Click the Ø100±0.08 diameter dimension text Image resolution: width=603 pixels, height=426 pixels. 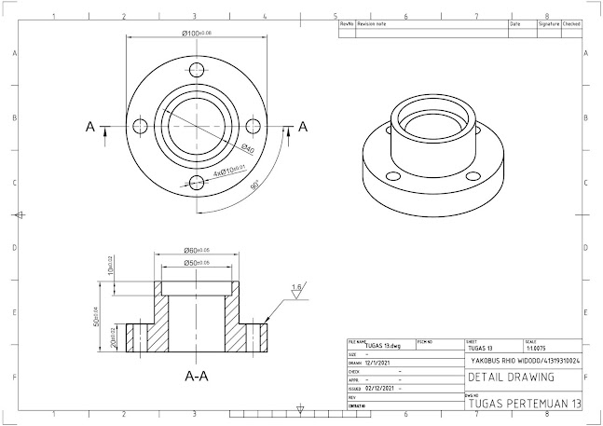click(x=197, y=34)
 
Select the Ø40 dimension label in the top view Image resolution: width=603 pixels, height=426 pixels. click(x=248, y=149)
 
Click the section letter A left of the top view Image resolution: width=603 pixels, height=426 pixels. click(x=90, y=127)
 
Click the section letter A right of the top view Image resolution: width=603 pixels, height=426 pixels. click(x=302, y=127)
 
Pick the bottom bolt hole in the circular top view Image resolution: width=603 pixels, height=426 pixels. click(x=196, y=183)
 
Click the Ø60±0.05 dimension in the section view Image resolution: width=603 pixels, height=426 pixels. click(x=196, y=251)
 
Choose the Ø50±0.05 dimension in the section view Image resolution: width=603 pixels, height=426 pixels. click(x=196, y=264)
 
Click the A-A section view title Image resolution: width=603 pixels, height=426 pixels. click(x=197, y=378)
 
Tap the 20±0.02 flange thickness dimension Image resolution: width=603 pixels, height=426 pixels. click(x=109, y=336)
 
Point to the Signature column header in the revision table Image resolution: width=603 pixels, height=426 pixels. click(x=549, y=24)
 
